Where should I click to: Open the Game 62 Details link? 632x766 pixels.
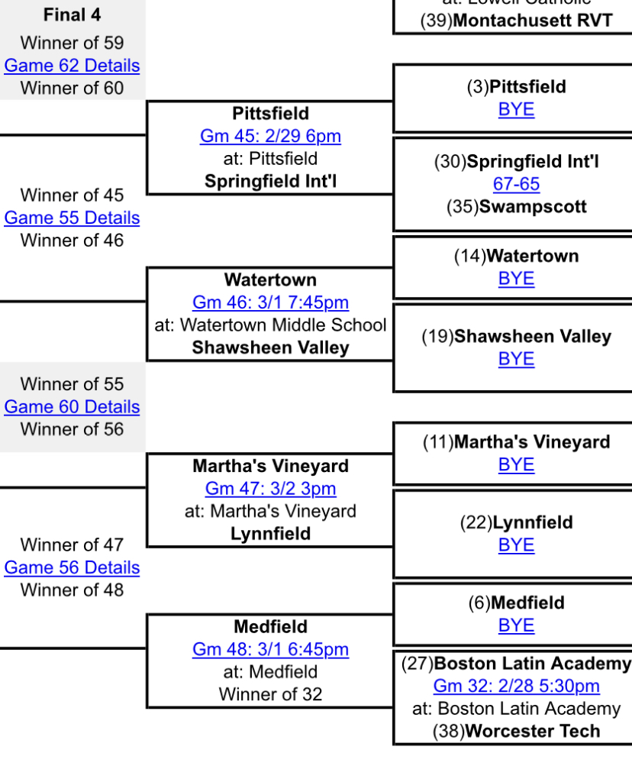72,66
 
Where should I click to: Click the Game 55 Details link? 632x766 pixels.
72,218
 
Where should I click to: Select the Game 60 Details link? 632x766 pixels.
72,407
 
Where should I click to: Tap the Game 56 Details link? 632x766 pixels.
72,567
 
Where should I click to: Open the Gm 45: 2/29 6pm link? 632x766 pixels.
270,136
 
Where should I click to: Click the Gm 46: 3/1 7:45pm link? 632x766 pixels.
270,302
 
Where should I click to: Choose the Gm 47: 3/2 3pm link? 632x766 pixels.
270,489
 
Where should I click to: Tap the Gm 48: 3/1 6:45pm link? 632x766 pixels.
270,649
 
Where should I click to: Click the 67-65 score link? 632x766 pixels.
516,184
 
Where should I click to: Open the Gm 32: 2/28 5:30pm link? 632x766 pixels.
516,686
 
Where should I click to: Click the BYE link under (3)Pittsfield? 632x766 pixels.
516,109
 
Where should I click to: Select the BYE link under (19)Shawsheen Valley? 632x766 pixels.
516,359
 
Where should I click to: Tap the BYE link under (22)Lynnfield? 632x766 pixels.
516,545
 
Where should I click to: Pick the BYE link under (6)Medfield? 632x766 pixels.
516,625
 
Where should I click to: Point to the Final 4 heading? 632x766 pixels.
72,15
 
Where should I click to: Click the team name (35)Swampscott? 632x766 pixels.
516,207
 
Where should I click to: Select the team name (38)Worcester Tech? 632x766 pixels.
516,731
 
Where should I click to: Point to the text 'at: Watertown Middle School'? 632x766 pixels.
270,325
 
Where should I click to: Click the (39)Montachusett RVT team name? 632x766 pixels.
516,21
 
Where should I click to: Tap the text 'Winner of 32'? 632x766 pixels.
270,694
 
